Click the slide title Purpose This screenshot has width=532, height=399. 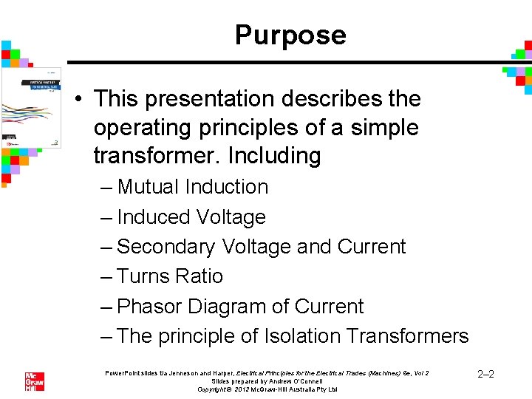(x=290, y=35)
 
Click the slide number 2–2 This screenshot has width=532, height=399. (x=485, y=375)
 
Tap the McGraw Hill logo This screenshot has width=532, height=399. (x=35, y=381)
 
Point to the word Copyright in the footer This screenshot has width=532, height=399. (x=216, y=389)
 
